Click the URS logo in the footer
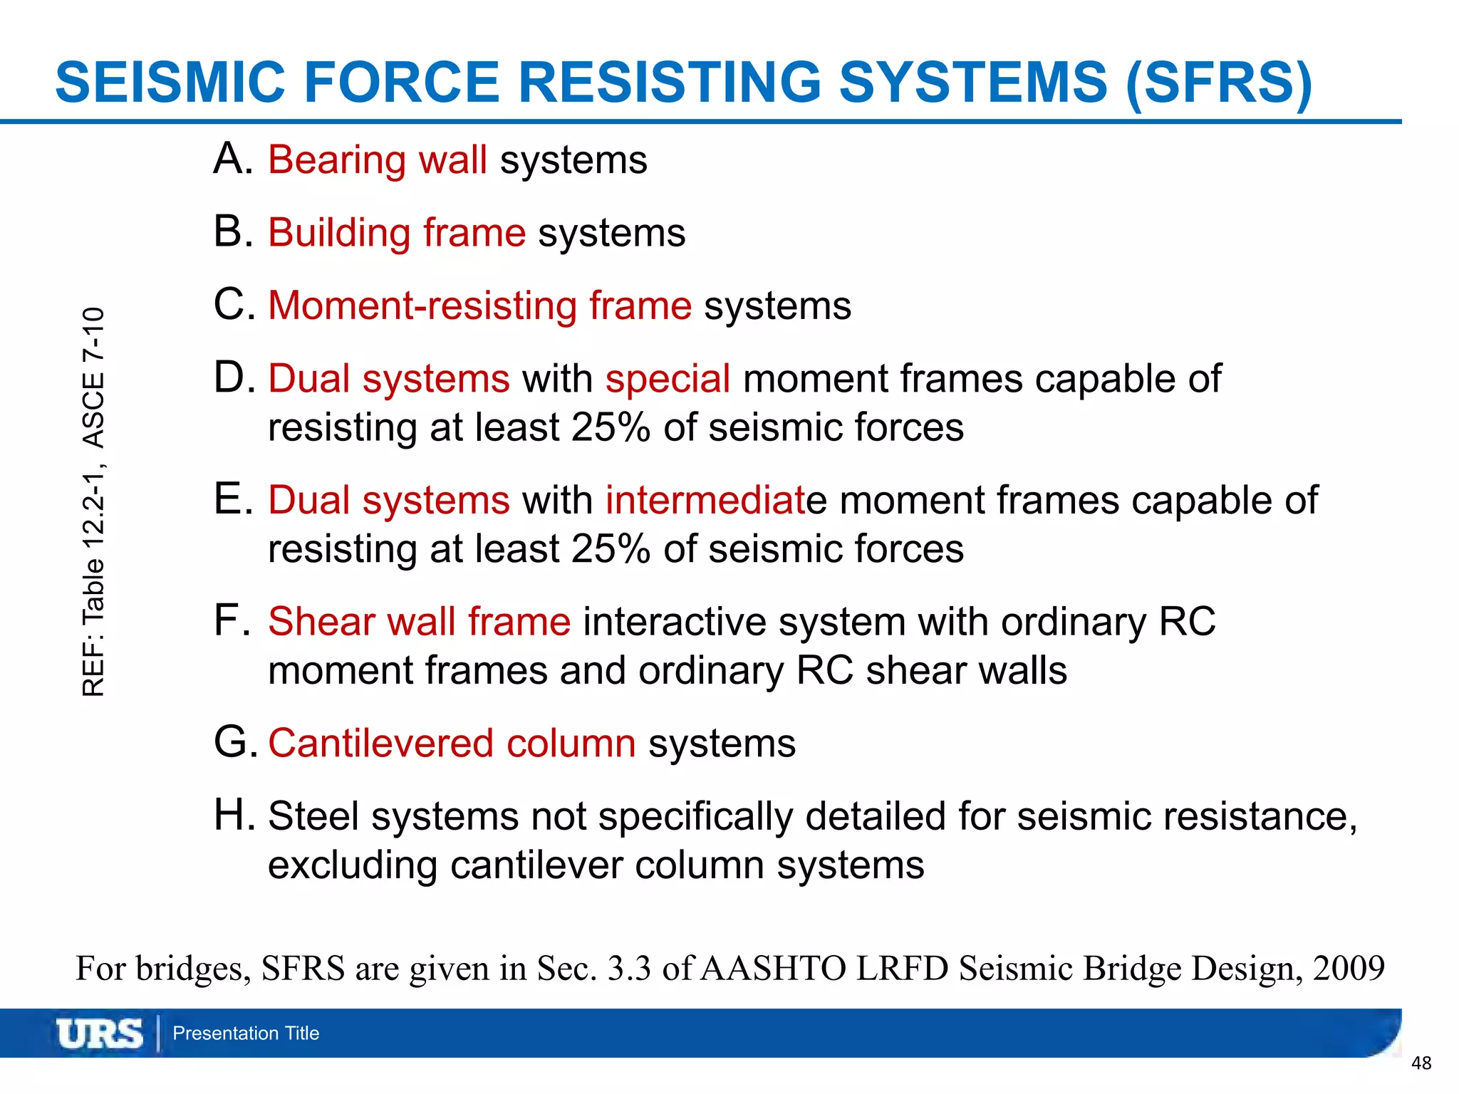(99, 1033)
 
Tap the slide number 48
(1421, 1063)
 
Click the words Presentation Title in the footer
(246, 1033)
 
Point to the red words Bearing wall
(377, 160)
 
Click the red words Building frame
(396, 234)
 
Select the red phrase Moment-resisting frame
(479, 306)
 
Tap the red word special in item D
(668, 379)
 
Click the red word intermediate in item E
(710, 500)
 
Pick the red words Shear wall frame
(419, 622)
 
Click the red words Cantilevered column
(452, 744)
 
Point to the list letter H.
(234, 816)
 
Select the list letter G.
(234, 743)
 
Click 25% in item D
(611, 428)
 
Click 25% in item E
(611, 550)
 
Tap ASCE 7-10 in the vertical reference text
(93, 377)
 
